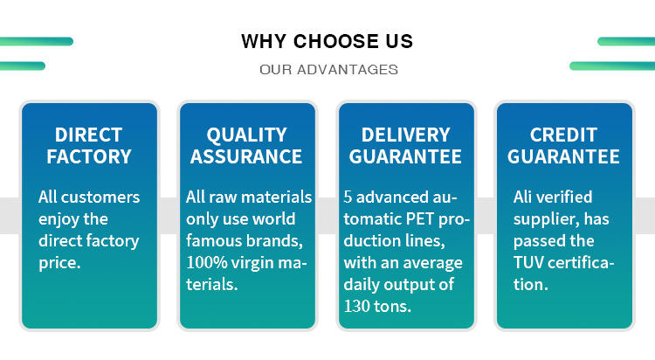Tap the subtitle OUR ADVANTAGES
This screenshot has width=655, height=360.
[328, 69]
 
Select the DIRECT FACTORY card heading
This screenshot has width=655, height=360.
[88, 146]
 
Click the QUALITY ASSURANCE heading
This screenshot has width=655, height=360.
[246, 146]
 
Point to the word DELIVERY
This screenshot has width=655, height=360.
[405, 135]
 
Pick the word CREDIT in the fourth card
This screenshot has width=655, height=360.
[563, 135]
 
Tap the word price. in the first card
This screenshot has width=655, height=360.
[59, 263]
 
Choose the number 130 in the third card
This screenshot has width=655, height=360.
[356, 307]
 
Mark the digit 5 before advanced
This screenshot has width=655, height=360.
[348, 197]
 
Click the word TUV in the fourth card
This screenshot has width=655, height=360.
[528, 263]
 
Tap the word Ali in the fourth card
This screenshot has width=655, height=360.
[522, 197]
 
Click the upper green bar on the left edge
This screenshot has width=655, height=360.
[37, 41]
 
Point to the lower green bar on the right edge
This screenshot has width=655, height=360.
[612, 66]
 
